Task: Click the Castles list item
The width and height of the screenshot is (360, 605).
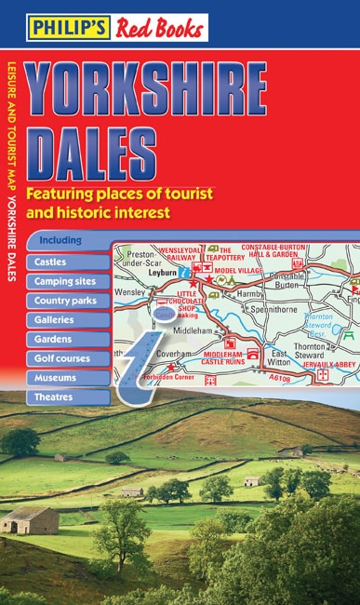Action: (50, 262)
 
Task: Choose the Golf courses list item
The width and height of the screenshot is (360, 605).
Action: (62, 358)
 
